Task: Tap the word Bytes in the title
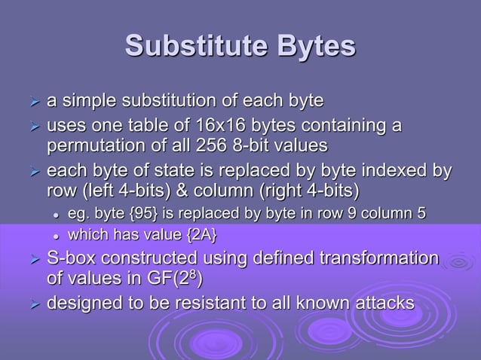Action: [315, 46]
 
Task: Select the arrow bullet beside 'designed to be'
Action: [32, 304]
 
